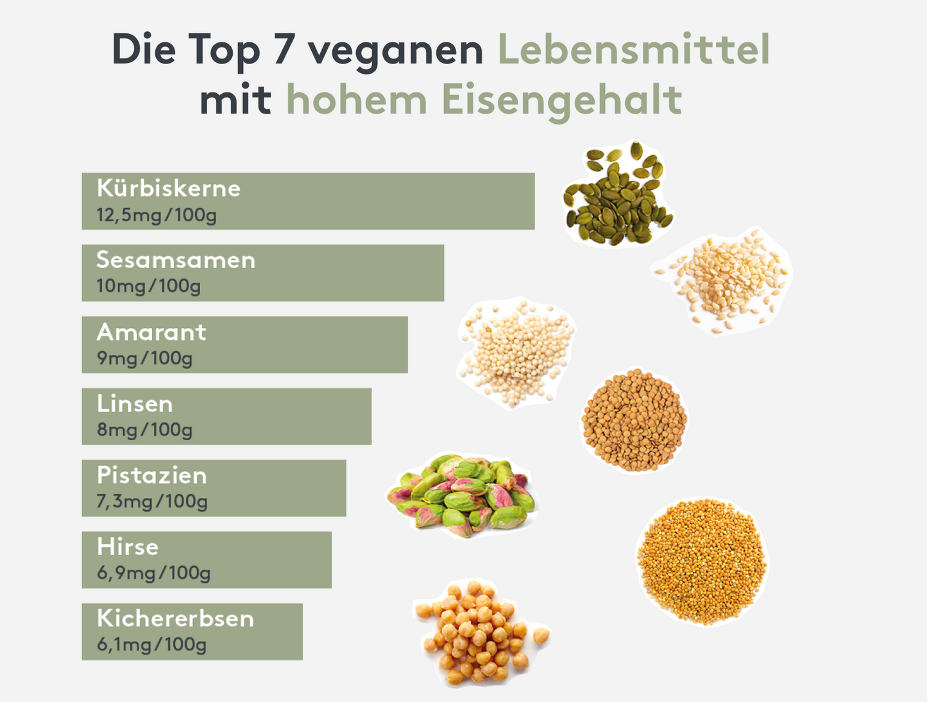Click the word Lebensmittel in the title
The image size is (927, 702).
(x=633, y=49)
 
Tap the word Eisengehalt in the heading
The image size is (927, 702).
(x=561, y=101)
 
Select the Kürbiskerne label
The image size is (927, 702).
(x=169, y=189)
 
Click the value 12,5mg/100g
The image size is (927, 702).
(x=157, y=215)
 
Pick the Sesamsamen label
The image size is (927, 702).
(x=176, y=261)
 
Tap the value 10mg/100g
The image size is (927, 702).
(x=148, y=286)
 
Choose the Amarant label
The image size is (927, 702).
(x=151, y=332)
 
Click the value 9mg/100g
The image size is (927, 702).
(x=144, y=358)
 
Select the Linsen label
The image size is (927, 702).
(x=135, y=404)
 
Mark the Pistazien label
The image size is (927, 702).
(x=152, y=475)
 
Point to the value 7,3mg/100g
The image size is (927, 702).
(x=152, y=501)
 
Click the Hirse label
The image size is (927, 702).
(x=128, y=547)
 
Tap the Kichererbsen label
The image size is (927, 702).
(x=175, y=619)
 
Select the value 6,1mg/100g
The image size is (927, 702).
(x=151, y=644)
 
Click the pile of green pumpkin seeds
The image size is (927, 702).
(x=616, y=196)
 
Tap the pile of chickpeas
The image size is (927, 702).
(x=478, y=632)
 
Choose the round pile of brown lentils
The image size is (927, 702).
(x=634, y=420)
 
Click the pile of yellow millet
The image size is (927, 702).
(x=702, y=561)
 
